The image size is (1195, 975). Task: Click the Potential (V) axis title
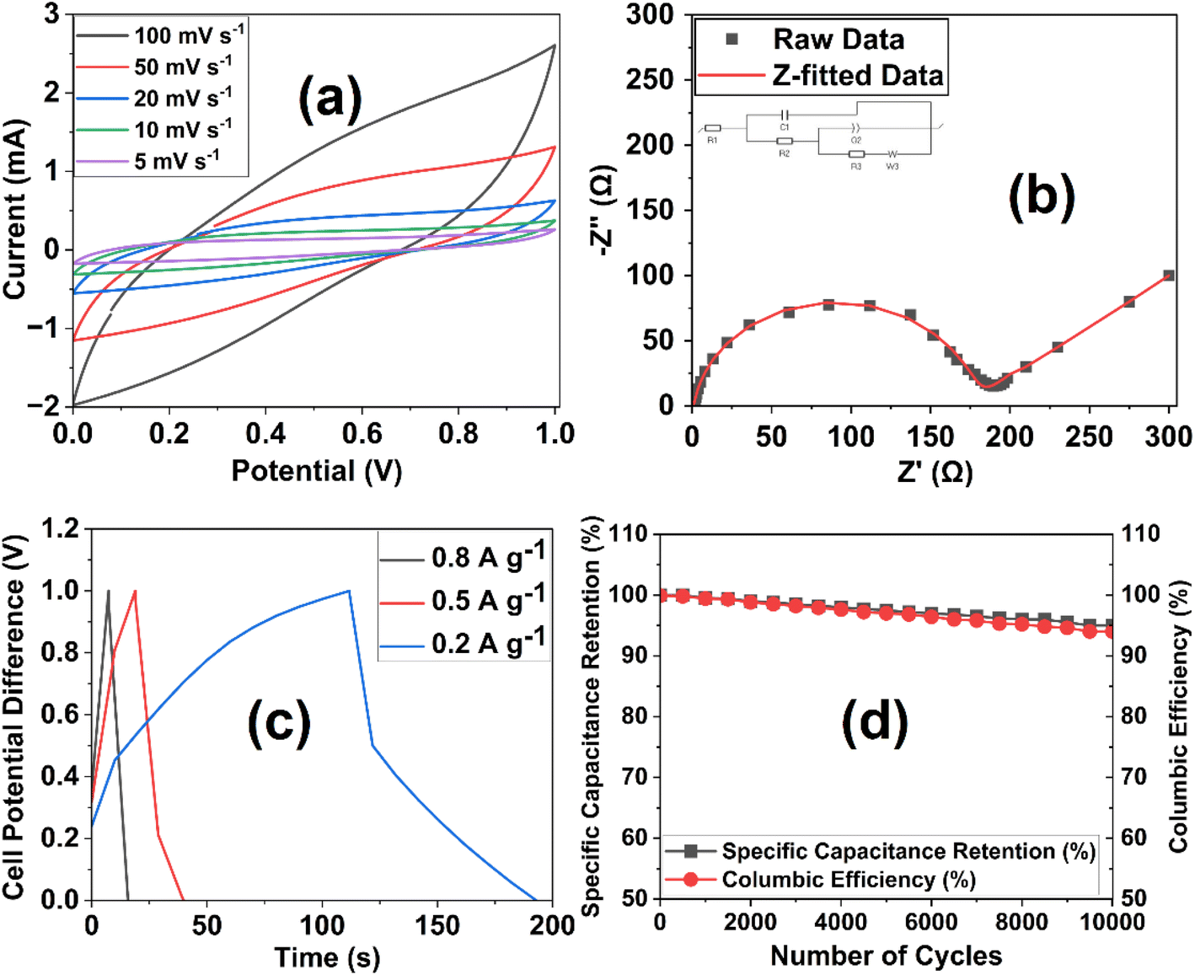click(316, 471)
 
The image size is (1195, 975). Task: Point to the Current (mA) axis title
click(14, 209)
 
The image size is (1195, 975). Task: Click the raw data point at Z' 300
click(1169, 276)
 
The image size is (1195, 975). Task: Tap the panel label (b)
click(1042, 196)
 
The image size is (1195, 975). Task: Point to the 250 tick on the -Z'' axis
click(651, 79)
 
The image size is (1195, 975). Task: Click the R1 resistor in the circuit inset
click(713, 128)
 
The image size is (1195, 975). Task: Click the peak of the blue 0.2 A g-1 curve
click(349, 591)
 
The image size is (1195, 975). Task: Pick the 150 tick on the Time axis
click(437, 925)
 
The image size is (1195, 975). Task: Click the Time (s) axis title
click(327, 957)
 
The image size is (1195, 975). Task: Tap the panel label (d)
click(875, 722)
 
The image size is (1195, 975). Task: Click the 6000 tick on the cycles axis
click(931, 922)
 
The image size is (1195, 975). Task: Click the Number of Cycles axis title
click(886, 956)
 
